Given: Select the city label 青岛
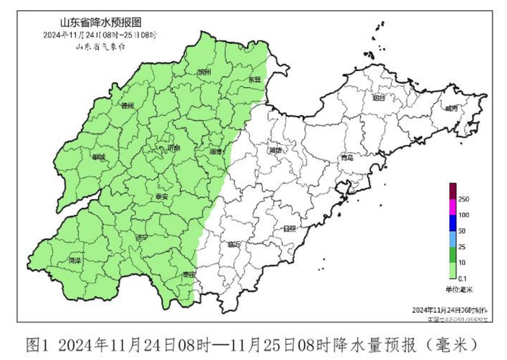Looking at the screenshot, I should pyautogui.click(x=347, y=156).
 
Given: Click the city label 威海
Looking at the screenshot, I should pyautogui.click(x=452, y=108).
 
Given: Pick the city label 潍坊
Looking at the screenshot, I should pyautogui.click(x=276, y=151).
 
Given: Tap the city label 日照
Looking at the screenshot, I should pyautogui.click(x=290, y=228).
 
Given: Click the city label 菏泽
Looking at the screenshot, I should pyautogui.click(x=74, y=259).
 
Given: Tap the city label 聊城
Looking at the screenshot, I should pyautogui.click(x=98, y=157).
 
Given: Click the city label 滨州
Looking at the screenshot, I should pyautogui.click(x=204, y=72).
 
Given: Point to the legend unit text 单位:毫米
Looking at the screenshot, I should pyautogui.click(x=458, y=290).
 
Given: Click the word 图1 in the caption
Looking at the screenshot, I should pyautogui.click(x=37, y=341).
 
